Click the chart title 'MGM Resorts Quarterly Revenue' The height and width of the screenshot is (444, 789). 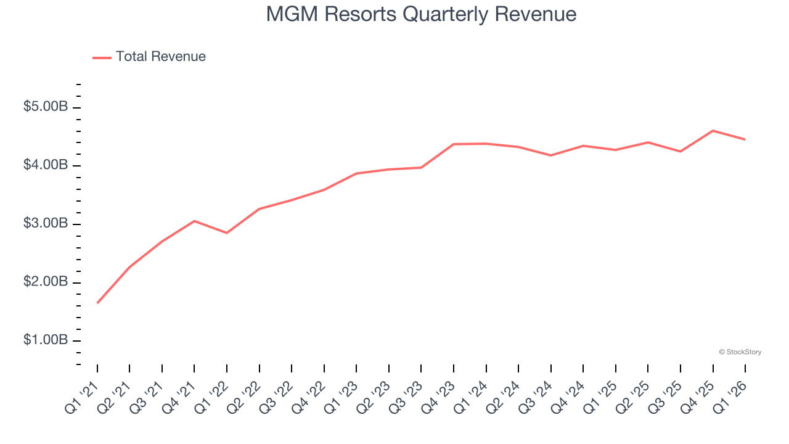pos(421,14)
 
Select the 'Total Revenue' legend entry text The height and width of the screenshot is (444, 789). pos(160,57)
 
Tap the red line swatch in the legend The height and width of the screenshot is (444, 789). pos(102,57)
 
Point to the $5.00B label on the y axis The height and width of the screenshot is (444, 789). pos(46,107)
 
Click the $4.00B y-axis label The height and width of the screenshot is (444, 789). pos(46,165)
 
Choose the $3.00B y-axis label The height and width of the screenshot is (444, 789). pos(46,224)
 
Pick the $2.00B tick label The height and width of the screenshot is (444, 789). pos(46,282)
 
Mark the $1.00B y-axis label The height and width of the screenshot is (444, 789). pos(46,340)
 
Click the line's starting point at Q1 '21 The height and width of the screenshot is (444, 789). pos(97,303)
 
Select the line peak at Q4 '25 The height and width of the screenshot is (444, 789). pos(713,131)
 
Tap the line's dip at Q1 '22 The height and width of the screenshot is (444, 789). pos(227,233)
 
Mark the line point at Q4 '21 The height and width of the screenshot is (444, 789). pos(194,221)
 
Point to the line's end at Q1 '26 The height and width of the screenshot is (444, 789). pos(745,139)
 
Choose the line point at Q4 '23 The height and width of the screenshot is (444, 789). pos(454,144)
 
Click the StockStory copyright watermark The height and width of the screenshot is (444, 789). pos(740,352)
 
